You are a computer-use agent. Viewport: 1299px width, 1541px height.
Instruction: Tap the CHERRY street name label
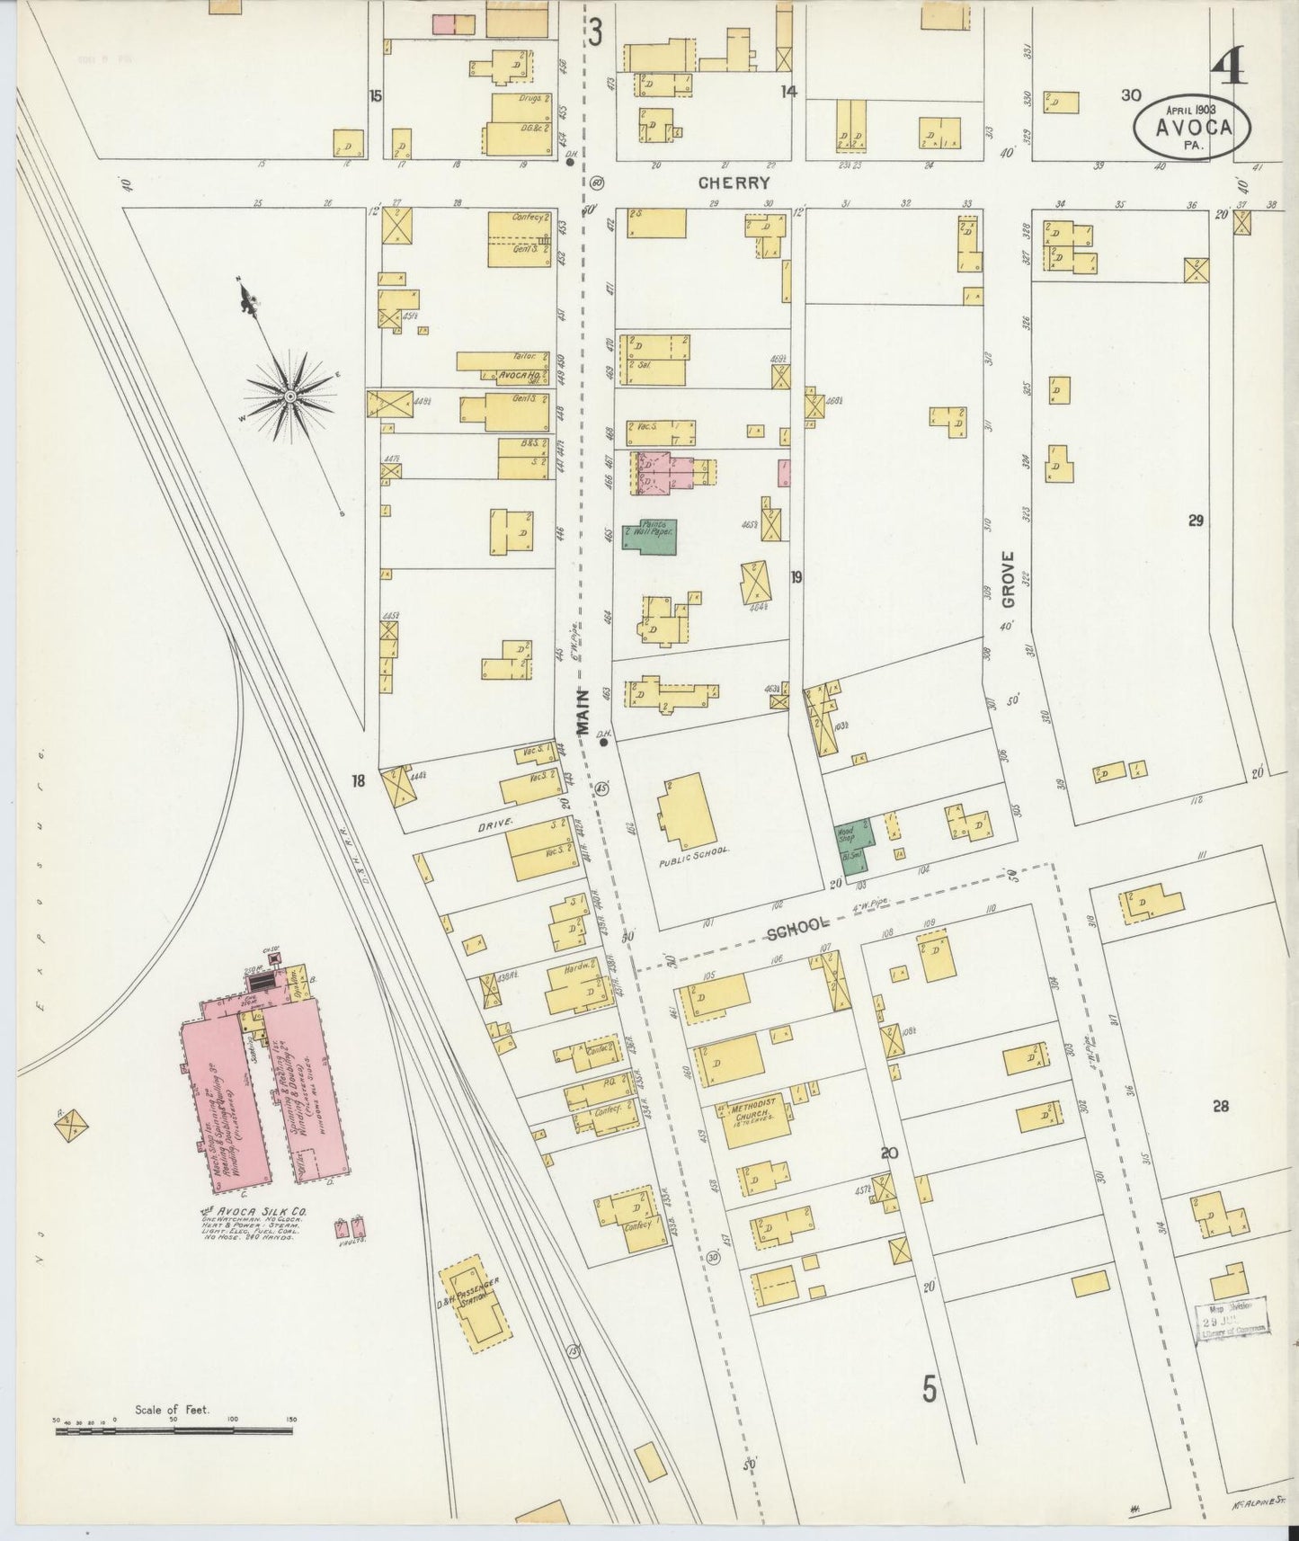pyautogui.click(x=734, y=183)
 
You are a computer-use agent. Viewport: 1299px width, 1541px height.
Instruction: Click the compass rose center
pyautogui.click(x=290, y=396)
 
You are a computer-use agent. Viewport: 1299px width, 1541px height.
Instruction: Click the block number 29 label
pyautogui.click(x=1195, y=521)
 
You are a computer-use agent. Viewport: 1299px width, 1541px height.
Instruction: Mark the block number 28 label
pyautogui.click(x=1220, y=1107)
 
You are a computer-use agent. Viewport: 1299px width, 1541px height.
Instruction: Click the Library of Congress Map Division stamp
pyautogui.click(x=1231, y=1318)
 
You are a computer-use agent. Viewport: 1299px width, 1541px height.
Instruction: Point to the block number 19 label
pyautogui.click(x=796, y=577)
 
